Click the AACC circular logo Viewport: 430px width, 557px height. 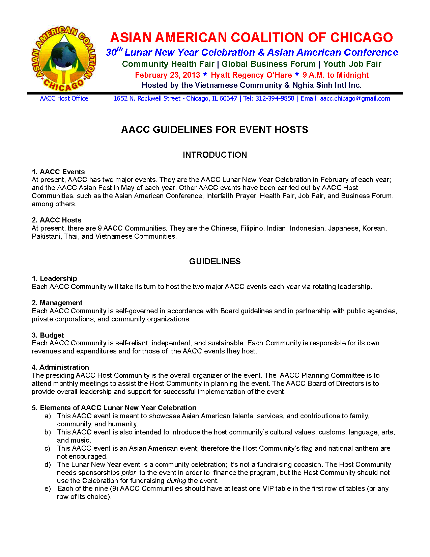pos(64,59)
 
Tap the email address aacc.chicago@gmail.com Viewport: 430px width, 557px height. pos(355,99)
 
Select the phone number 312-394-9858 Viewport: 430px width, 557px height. pos(275,99)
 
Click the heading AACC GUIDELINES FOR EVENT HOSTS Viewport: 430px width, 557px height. pos(214,130)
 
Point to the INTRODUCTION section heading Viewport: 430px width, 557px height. pos(215,155)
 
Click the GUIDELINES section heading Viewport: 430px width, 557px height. pos(215,262)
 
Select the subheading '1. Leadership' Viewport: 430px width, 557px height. pos(55,278)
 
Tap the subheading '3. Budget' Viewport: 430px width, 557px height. pos(48,335)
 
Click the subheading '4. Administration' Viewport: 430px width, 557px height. pos(60,367)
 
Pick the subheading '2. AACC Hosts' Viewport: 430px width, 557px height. pos(57,220)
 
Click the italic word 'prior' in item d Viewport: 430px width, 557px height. pos(128,473)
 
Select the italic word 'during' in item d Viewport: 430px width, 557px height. pos(176,481)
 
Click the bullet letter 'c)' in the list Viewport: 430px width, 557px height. pos(48,448)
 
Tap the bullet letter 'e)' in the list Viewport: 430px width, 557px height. pos(48,488)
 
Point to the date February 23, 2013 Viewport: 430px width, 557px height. pos(168,75)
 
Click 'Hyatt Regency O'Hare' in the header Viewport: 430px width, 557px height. pos(251,75)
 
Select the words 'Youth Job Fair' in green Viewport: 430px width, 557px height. pos(352,64)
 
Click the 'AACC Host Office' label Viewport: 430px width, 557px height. pos(64,99)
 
